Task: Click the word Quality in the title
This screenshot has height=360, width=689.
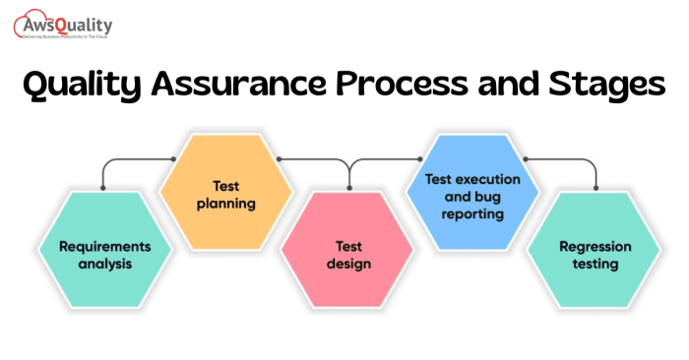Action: pos(85,87)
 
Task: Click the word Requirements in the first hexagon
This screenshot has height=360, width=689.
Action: pos(104,245)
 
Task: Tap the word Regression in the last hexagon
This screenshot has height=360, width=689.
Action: pos(595,246)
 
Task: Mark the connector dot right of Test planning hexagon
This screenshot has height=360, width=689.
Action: pos(280,158)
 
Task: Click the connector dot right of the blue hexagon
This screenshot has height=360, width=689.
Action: pos(526,158)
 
